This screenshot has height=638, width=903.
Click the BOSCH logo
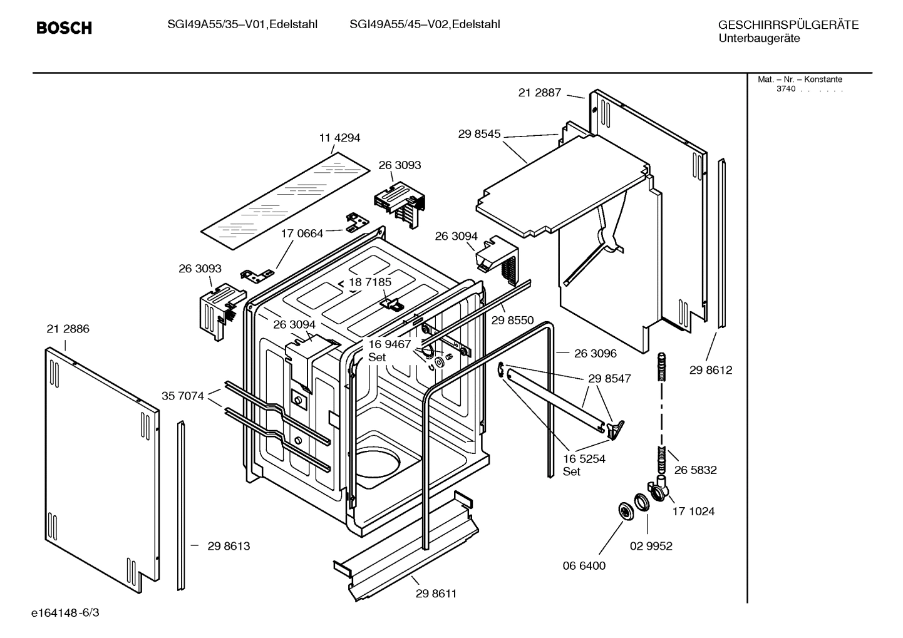[x=64, y=28]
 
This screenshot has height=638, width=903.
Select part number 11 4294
[x=339, y=138]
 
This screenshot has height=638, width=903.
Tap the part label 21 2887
[x=539, y=93]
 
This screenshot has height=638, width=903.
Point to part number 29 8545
[x=479, y=133]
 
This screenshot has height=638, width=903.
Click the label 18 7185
[x=370, y=282]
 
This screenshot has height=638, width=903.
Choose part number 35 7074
[x=182, y=396]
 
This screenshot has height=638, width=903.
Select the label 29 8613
[x=229, y=546]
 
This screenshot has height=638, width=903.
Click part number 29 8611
[x=436, y=594]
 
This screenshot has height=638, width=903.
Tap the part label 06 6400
[x=584, y=565]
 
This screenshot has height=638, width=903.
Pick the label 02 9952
[x=651, y=546]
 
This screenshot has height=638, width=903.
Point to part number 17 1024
[x=693, y=511]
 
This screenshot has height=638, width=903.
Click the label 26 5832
[x=695, y=470]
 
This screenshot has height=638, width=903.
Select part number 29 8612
[x=711, y=370]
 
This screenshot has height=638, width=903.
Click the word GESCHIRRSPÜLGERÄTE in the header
[x=788, y=25]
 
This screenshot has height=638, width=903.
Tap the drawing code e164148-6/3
[x=65, y=612]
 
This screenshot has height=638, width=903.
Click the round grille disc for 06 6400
[x=626, y=511]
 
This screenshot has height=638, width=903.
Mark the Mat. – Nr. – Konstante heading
[x=800, y=80]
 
